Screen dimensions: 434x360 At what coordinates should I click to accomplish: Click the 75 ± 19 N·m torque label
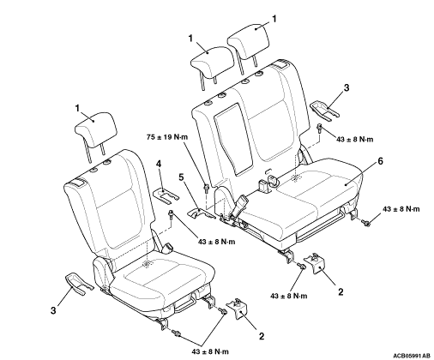pyautogui.click(x=167, y=137)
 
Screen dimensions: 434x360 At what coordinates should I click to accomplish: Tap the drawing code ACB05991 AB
pyautogui.click(x=412, y=355)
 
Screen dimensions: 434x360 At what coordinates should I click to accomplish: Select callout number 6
pyautogui.click(x=380, y=161)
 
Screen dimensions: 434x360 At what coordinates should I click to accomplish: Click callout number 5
pyautogui.click(x=181, y=177)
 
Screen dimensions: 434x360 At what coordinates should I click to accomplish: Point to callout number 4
pyautogui.click(x=159, y=164)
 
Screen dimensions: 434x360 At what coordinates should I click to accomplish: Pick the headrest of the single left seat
pyautogui.click(x=96, y=130)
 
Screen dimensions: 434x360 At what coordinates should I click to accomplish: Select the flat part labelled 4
pyautogui.click(x=166, y=195)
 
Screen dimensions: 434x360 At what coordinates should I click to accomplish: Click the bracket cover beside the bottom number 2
pyautogui.click(x=238, y=309)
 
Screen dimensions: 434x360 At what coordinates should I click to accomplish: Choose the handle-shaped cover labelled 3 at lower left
pyautogui.click(x=79, y=283)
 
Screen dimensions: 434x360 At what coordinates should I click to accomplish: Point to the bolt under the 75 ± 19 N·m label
pyautogui.click(x=206, y=189)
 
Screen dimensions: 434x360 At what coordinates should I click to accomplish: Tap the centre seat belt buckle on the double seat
pyautogui.click(x=239, y=207)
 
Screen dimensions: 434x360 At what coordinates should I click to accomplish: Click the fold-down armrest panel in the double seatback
pyautogui.click(x=234, y=139)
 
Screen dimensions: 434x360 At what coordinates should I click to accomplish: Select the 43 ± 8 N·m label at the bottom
pyautogui.click(x=210, y=351)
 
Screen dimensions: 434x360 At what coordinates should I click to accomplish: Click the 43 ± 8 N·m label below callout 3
pyautogui.click(x=355, y=139)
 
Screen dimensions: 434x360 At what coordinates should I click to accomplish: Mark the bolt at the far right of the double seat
pyautogui.click(x=365, y=222)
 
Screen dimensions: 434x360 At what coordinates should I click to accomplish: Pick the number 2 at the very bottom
pyautogui.click(x=262, y=336)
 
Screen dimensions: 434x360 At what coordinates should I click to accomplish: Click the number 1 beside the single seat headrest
pyautogui.click(x=77, y=108)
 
